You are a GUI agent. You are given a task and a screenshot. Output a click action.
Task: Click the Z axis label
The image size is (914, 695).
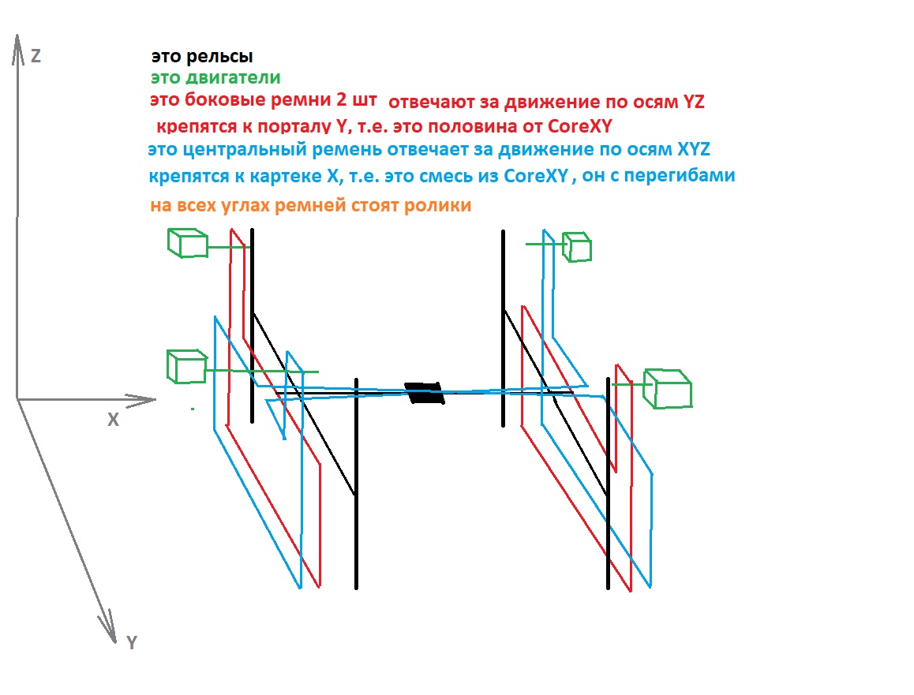[x=36, y=56]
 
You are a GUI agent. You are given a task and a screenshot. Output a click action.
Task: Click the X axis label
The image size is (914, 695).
[x=113, y=420]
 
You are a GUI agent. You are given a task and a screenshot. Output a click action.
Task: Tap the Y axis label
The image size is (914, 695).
[x=132, y=643]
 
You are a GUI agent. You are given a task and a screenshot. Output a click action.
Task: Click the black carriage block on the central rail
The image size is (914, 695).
[x=425, y=393]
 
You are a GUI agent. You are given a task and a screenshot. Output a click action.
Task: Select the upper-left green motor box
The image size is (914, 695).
[x=188, y=243]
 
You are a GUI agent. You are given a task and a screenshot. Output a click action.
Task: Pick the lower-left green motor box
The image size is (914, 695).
[x=186, y=367]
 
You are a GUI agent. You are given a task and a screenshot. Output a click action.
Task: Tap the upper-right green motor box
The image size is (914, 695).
[x=577, y=247]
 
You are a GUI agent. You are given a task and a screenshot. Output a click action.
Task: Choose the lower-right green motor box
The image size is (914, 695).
[x=668, y=389]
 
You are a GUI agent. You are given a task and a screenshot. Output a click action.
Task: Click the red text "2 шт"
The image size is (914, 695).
[x=356, y=99]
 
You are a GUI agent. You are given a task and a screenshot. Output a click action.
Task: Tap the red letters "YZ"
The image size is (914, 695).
[x=694, y=102]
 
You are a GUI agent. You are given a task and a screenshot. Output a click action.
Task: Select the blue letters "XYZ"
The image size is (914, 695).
[x=694, y=149]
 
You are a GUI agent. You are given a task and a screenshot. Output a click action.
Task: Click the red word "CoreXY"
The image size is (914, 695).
[x=580, y=126]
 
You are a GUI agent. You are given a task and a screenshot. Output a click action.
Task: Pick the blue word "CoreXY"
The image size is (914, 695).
[x=536, y=175]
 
